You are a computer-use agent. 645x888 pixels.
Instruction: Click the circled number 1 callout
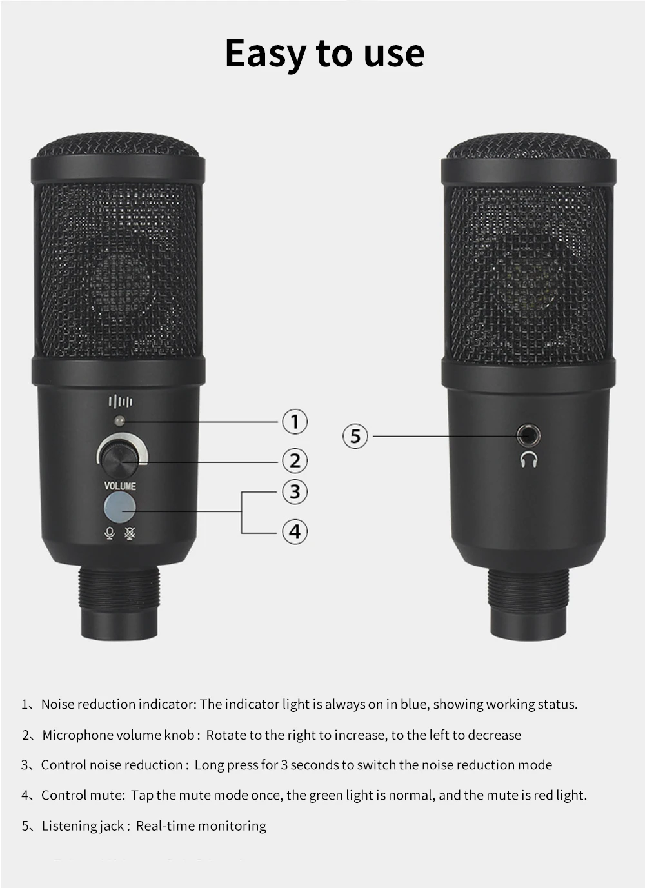(x=295, y=421)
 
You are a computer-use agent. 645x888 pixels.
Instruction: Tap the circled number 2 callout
(x=295, y=460)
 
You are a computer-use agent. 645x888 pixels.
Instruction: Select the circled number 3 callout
(x=295, y=491)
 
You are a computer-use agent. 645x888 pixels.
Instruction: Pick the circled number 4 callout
(x=295, y=531)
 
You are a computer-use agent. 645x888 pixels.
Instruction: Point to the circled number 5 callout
(x=355, y=436)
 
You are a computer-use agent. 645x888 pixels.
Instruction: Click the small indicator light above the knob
(x=119, y=420)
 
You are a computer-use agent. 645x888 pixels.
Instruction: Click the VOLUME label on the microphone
(x=120, y=486)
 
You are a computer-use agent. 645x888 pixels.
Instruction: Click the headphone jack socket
(x=528, y=435)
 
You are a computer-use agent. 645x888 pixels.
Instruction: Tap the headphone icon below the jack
(x=528, y=460)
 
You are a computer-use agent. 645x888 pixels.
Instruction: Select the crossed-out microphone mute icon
(x=130, y=533)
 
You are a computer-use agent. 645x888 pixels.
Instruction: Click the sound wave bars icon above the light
(x=121, y=402)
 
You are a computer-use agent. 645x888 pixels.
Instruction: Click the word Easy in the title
(x=265, y=54)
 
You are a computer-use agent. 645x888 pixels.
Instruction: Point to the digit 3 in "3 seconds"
(x=284, y=765)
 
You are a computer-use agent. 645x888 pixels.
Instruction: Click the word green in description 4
(x=326, y=796)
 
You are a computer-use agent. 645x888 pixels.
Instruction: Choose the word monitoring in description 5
(x=232, y=826)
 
